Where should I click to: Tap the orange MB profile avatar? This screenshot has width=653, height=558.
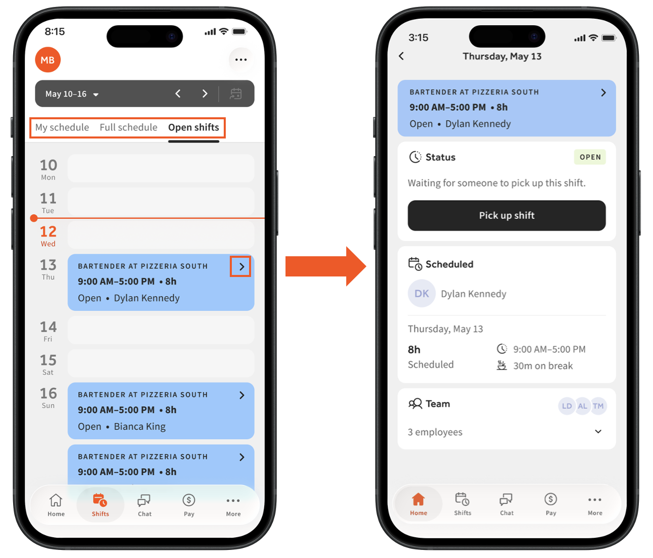[x=48, y=60]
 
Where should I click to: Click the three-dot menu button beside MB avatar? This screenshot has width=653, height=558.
[x=241, y=60]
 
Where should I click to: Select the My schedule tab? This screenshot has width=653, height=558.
[x=62, y=127]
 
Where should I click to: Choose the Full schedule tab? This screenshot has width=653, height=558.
[x=129, y=127]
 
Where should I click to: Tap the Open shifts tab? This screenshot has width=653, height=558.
[x=193, y=127]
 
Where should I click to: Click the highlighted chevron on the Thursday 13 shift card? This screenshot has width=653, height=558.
[x=241, y=266]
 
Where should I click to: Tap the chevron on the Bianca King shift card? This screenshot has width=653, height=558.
[x=241, y=395]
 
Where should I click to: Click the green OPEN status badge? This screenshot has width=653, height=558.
[x=590, y=157]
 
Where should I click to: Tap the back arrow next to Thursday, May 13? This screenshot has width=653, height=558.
[x=401, y=56]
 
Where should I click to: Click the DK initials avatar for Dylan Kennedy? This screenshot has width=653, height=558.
[x=422, y=293]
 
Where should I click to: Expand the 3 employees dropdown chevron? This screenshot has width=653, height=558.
[x=598, y=431]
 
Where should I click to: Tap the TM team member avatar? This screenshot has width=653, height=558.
[x=598, y=406]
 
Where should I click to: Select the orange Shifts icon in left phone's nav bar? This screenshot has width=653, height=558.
[x=100, y=500]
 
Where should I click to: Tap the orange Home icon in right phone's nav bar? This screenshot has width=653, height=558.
[x=418, y=499]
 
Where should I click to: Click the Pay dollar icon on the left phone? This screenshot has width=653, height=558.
[x=189, y=500]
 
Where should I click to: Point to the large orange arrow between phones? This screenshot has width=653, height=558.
[x=325, y=266]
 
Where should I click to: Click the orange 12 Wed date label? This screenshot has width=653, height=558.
[x=48, y=236]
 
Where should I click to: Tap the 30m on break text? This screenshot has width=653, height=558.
[x=543, y=365]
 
